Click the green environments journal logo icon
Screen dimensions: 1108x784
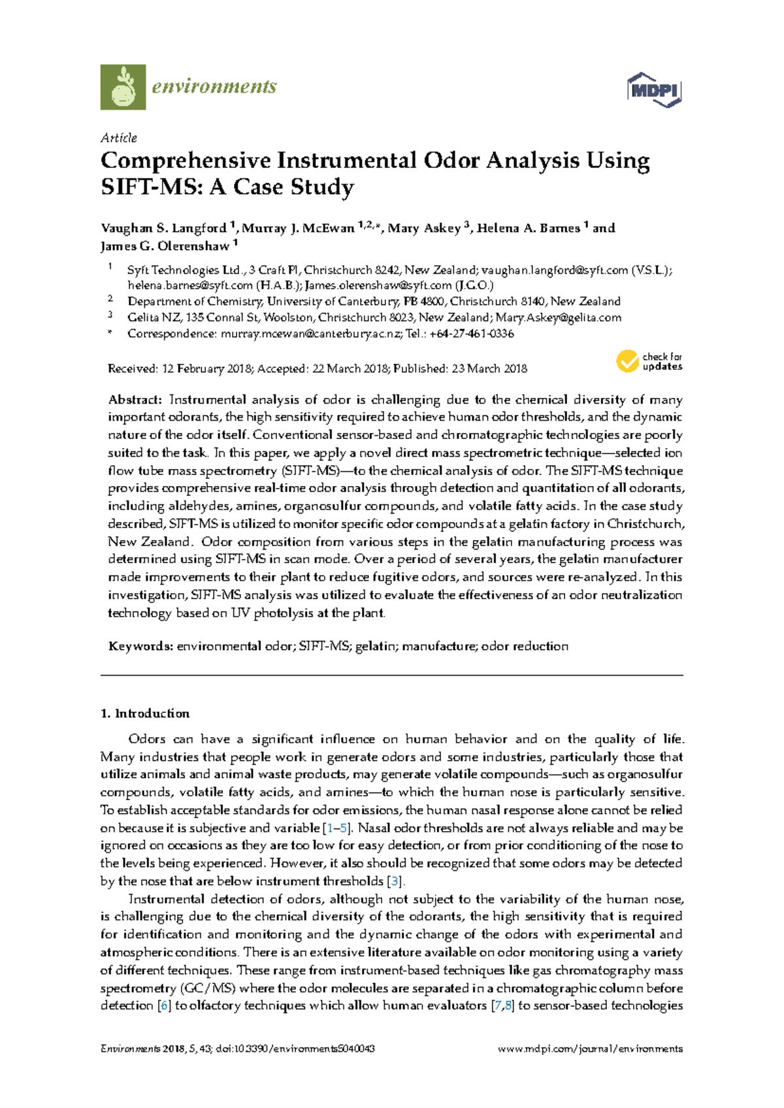coord(123,87)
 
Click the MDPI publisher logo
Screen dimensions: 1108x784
coord(654,90)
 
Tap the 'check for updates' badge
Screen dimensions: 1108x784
coord(649,361)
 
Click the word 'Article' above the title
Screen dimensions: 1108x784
coord(119,138)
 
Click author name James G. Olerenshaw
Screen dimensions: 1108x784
coord(165,246)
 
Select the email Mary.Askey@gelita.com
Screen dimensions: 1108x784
coord(558,318)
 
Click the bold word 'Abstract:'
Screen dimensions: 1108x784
coord(135,400)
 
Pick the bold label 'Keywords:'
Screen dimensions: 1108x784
coord(140,646)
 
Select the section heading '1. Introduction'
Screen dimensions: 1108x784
coord(145,713)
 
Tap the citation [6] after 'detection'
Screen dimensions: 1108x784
coord(165,1005)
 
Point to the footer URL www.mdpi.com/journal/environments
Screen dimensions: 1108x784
coord(590,1049)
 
